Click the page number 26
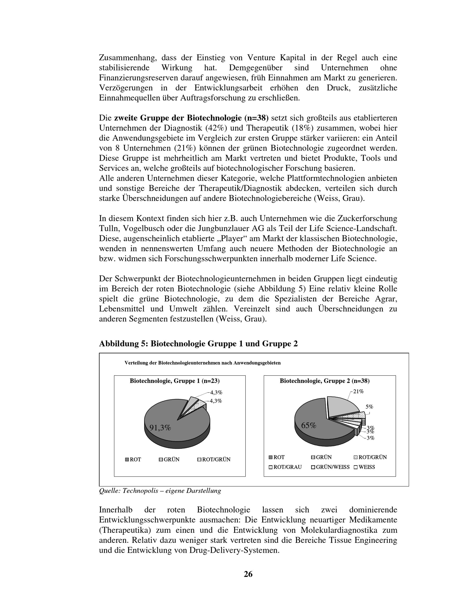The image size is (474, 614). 248,574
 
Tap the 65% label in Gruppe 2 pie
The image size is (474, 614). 309,425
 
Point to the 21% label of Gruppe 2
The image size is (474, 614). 358,391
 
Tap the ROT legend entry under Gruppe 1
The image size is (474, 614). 133,459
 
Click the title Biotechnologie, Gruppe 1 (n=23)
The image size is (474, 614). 174,381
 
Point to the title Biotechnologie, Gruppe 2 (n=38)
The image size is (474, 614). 325,381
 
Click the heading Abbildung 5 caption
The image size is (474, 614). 198,344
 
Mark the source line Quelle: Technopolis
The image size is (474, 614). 160,491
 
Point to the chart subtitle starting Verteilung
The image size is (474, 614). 202,363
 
